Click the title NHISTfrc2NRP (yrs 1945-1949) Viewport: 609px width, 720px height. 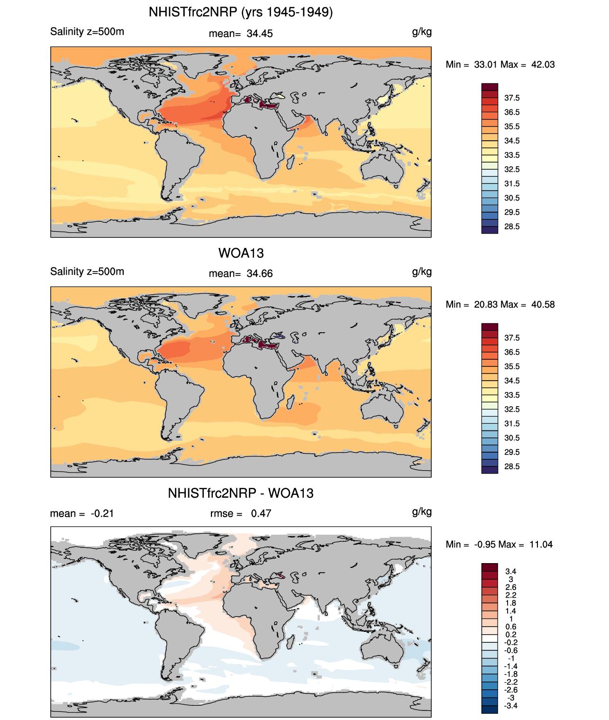point(241,12)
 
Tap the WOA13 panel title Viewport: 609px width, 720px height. point(241,253)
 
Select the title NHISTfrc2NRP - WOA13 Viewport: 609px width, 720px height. point(241,493)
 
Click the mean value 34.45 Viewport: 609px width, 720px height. point(260,34)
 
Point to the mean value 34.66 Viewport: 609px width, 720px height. point(260,273)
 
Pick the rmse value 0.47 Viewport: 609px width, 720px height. point(261,513)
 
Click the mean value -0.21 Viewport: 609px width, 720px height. point(102,513)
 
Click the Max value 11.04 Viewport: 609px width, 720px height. point(541,544)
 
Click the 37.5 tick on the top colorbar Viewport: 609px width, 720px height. point(512,98)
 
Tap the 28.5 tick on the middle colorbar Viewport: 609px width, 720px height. point(512,466)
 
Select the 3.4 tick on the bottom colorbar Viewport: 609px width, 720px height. point(511,572)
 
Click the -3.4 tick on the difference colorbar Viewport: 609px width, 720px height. point(511,706)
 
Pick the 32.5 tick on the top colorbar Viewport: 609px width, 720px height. point(512,169)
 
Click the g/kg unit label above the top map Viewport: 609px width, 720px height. point(422,32)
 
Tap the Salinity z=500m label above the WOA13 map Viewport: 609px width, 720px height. point(87,272)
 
